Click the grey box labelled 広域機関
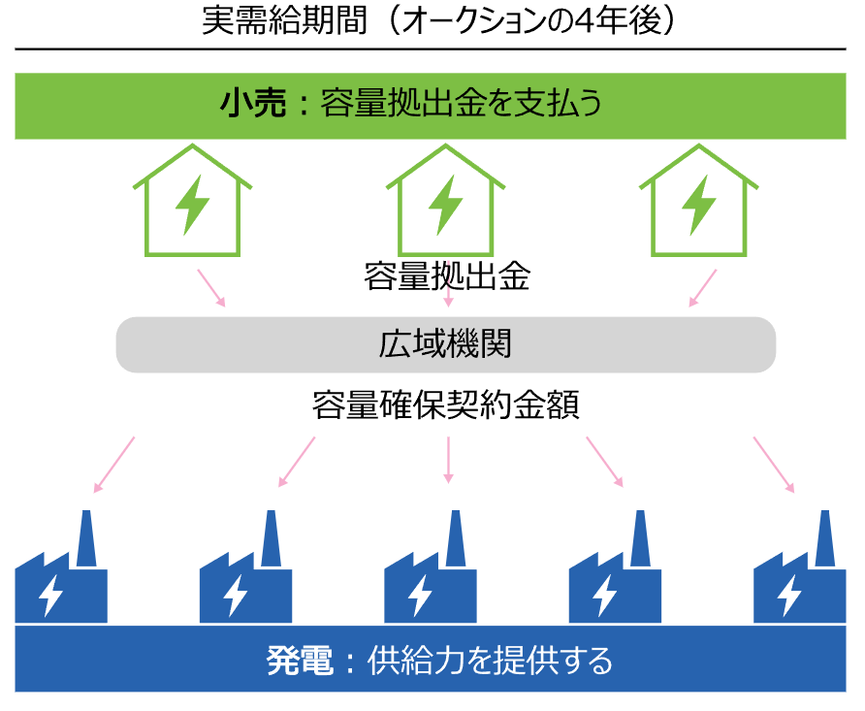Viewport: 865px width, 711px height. (x=445, y=344)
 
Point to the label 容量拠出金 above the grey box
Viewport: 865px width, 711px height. (x=447, y=276)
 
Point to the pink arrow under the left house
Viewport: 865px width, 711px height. (x=211, y=288)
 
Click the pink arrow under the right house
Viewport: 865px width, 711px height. (x=703, y=288)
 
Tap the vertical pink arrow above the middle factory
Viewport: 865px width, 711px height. (x=448, y=459)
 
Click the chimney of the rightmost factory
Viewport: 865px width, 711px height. (x=824, y=538)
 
